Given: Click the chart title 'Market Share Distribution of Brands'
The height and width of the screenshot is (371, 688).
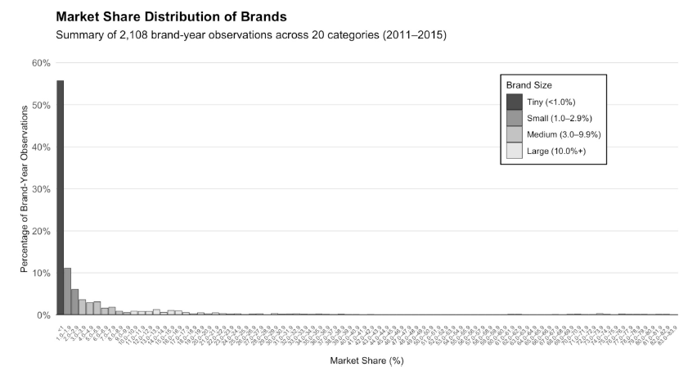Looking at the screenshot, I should [x=172, y=16].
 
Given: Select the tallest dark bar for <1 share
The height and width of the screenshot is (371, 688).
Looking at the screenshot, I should [x=60, y=197].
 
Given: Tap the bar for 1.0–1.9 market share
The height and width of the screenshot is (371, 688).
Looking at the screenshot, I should [x=67, y=291].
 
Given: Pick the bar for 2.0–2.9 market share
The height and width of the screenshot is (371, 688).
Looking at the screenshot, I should [x=74, y=301].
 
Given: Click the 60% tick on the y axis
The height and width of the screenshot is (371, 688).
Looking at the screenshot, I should [x=41, y=63].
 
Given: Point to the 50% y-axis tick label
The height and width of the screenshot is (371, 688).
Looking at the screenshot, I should [x=41, y=105].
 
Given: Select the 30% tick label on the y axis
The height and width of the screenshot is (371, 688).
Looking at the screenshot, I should [x=41, y=189].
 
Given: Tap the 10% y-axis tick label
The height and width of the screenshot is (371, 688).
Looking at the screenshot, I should [x=41, y=273].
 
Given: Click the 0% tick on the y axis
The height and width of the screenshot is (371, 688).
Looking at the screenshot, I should [x=43, y=314].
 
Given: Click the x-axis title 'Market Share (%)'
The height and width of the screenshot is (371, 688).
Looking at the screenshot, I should [x=366, y=360].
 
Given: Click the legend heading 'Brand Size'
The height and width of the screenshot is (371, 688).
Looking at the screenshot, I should [x=528, y=84].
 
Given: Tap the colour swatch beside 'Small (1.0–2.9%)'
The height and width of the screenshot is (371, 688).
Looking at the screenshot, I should [x=514, y=118].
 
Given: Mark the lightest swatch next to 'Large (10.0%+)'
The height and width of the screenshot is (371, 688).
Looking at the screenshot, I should [x=514, y=151].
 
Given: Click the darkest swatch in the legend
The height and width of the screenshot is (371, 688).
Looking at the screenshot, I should [x=514, y=102].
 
